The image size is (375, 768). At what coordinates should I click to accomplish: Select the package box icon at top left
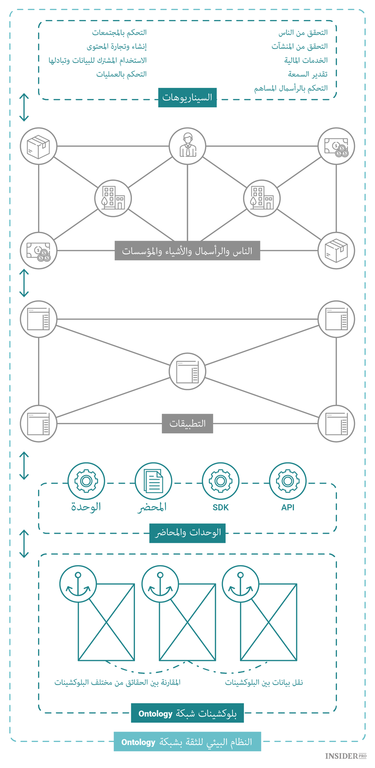[38, 146]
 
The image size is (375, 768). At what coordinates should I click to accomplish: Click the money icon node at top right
[336, 146]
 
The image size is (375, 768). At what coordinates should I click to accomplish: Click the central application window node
[187, 371]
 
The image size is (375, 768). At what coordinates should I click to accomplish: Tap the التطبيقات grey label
[187, 424]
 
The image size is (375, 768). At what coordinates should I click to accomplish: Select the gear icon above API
[287, 481]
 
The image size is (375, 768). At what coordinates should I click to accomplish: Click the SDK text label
[220, 508]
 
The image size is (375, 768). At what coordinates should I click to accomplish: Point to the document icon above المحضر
[153, 481]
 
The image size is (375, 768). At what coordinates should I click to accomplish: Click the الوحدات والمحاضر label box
[187, 533]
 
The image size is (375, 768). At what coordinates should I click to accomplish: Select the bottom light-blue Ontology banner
[187, 742]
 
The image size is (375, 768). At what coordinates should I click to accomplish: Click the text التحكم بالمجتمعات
[119, 32]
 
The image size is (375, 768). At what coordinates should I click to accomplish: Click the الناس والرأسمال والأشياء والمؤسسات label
[187, 250]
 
